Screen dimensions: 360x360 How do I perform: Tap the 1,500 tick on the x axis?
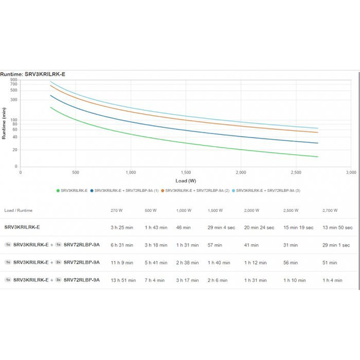186,172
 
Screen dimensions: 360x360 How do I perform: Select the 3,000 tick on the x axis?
350,172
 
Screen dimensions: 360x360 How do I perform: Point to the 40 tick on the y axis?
14,137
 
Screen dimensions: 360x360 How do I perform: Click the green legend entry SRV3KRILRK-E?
72,190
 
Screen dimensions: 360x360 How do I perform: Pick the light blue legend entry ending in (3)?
267,190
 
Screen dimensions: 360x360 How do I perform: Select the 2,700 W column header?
330,211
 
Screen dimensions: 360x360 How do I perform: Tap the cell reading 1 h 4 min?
332,280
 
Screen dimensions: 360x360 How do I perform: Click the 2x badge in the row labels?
58,262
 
